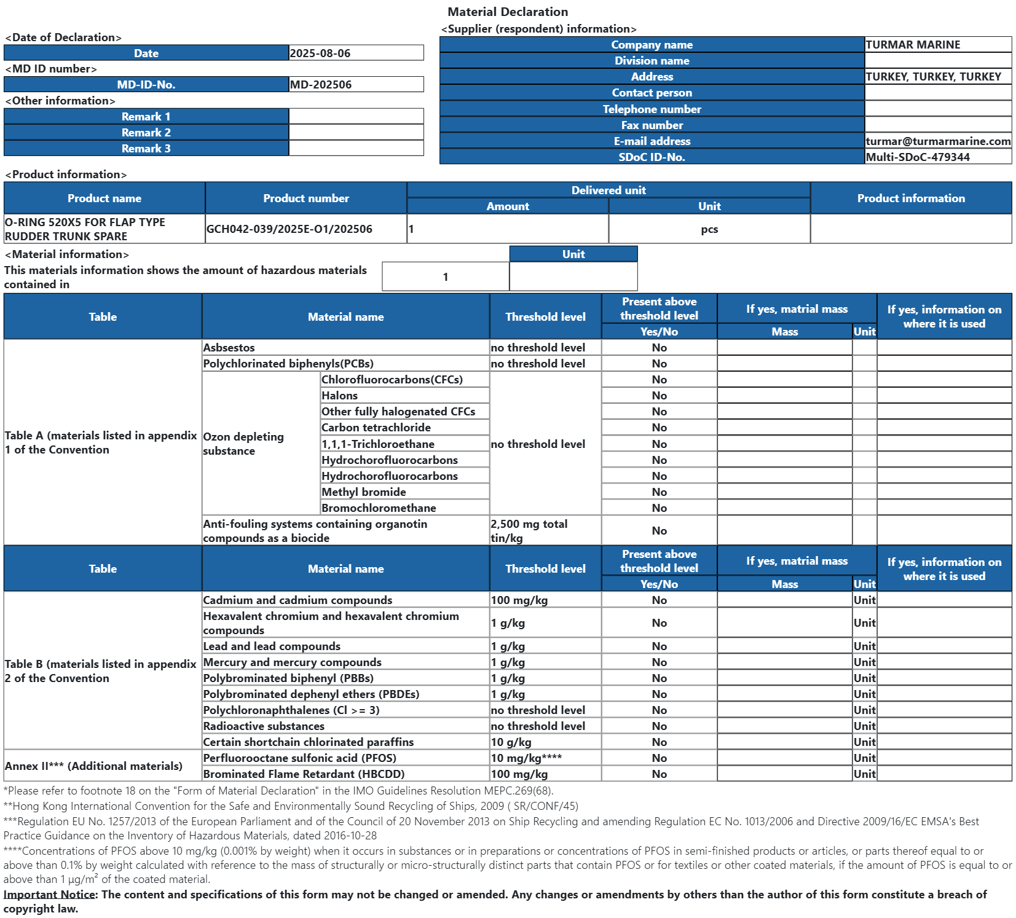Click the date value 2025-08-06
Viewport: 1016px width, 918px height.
pos(320,53)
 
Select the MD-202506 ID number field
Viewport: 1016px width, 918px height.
pos(321,85)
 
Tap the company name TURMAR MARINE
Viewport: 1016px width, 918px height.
pos(913,45)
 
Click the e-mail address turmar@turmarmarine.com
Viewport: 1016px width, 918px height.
pos(938,141)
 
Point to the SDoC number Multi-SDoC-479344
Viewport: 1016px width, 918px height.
pos(918,157)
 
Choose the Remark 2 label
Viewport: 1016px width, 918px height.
pos(146,133)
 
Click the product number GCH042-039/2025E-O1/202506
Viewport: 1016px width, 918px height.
pos(289,229)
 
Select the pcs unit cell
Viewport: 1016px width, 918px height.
pos(709,229)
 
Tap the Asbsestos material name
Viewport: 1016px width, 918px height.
pos(229,348)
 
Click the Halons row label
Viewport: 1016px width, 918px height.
pos(339,396)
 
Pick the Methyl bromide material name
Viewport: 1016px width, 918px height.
pos(363,492)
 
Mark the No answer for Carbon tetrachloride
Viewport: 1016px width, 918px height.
pos(660,428)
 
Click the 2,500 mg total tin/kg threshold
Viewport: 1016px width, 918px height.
pos(529,531)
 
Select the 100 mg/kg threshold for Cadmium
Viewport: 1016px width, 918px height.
pos(519,600)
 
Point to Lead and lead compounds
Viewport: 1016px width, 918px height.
pos(272,646)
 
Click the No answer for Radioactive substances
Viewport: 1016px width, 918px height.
pos(660,726)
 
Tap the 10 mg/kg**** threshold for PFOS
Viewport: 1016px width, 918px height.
pos(526,758)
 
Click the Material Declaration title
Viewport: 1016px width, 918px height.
pos(508,12)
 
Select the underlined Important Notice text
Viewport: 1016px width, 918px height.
pos(50,895)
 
